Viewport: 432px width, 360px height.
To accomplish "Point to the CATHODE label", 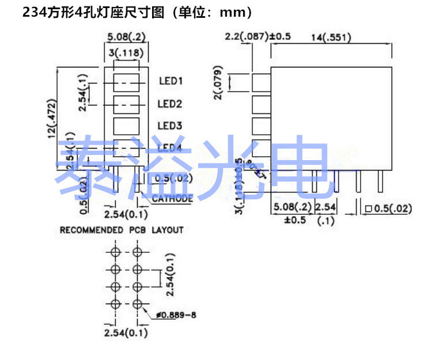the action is (x=172, y=199).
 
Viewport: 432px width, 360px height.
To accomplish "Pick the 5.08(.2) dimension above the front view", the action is (x=126, y=37).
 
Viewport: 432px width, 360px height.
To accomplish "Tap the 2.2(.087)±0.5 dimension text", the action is (x=257, y=37).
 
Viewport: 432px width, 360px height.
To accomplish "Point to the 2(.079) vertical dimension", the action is (x=219, y=85).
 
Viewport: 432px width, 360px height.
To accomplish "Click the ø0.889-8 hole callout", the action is (x=179, y=314).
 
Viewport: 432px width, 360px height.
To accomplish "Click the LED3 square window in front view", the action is (x=126, y=126).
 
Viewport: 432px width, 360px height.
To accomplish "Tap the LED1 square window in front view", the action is (x=126, y=82).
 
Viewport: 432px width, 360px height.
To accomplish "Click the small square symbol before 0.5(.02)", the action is (x=367, y=209).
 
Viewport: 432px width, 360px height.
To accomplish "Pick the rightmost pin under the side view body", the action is (x=380, y=182).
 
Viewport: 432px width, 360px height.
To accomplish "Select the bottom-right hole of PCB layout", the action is (x=137, y=304).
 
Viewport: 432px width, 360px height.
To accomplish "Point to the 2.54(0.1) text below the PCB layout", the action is (x=126, y=333).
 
